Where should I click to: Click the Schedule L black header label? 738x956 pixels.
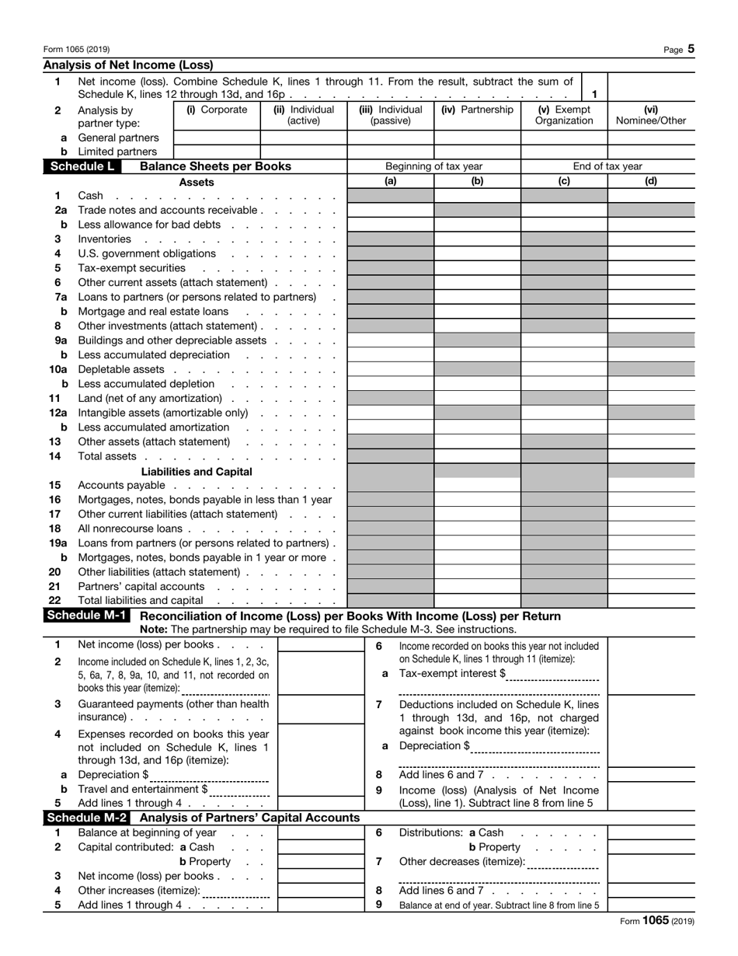(81, 166)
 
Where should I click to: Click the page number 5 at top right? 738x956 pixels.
(691, 49)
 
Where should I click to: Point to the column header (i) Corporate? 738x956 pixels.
(217, 110)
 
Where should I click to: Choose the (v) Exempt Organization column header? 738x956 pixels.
(564, 115)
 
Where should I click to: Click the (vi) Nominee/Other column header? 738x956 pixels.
(651, 115)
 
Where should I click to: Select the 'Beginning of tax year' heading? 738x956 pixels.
(433, 166)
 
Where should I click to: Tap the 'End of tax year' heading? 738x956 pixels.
(607, 166)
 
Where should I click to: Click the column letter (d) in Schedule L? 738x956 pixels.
(651, 181)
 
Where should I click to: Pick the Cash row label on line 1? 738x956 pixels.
(90, 196)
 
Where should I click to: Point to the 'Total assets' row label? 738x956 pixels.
(107, 456)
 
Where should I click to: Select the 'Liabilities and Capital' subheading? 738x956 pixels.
(197, 471)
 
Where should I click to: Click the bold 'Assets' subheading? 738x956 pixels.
(197, 182)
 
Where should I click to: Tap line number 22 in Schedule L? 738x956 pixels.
(54, 601)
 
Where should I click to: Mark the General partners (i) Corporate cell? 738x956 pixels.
(217, 138)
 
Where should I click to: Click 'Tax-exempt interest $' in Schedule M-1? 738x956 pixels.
(451, 673)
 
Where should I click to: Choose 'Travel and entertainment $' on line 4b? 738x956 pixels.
(143, 789)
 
